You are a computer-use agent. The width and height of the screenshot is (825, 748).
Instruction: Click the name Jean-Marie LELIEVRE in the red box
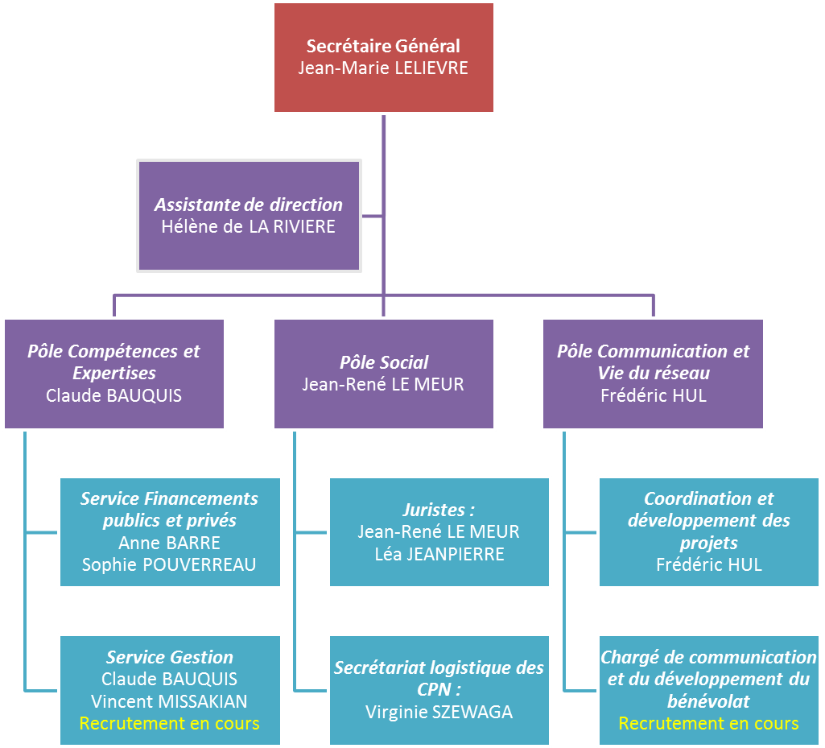tap(383, 68)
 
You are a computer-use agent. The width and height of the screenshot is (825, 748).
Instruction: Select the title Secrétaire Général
tap(383, 47)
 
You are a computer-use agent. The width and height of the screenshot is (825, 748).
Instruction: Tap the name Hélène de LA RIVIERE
tap(248, 227)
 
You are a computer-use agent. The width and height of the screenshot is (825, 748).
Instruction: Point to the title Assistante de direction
tap(248, 205)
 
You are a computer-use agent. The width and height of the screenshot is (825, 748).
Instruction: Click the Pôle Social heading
tap(383, 362)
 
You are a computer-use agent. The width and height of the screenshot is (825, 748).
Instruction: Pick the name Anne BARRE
tap(169, 542)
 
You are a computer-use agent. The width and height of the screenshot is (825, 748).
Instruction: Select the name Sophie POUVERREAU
tap(169, 564)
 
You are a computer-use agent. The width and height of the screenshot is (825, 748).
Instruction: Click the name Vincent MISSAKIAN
tap(169, 701)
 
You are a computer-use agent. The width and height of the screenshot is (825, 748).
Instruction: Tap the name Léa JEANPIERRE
tap(439, 554)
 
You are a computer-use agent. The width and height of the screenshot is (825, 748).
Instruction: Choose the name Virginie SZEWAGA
tap(439, 712)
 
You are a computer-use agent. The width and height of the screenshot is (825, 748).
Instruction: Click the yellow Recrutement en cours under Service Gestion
tap(169, 723)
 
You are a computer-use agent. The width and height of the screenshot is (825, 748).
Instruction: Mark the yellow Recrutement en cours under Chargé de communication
tap(708, 723)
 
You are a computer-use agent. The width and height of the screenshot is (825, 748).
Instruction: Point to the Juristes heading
tap(439, 510)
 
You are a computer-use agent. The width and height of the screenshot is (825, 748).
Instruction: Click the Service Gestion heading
tap(169, 657)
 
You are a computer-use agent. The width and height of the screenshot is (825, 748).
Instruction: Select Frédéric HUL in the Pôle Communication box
tap(653, 395)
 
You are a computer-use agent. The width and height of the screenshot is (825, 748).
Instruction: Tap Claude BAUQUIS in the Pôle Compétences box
tap(113, 395)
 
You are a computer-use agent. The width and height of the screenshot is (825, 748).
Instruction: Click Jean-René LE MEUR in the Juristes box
tap(439, 531)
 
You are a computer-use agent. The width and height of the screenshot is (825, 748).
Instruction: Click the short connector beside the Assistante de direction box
tap(373, 216)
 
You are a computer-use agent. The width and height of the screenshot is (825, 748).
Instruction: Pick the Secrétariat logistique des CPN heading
tap(439, 678)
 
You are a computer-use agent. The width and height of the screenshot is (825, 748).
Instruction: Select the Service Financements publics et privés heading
tap(169, 509)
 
